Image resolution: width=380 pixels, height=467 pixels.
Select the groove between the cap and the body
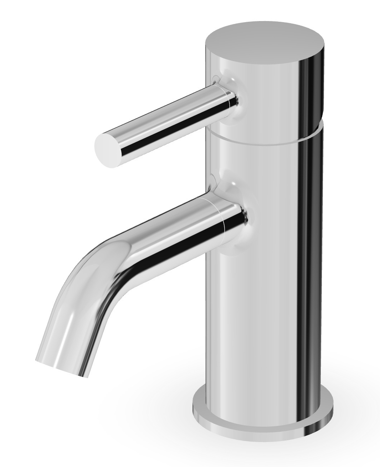(x=264, y=137)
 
